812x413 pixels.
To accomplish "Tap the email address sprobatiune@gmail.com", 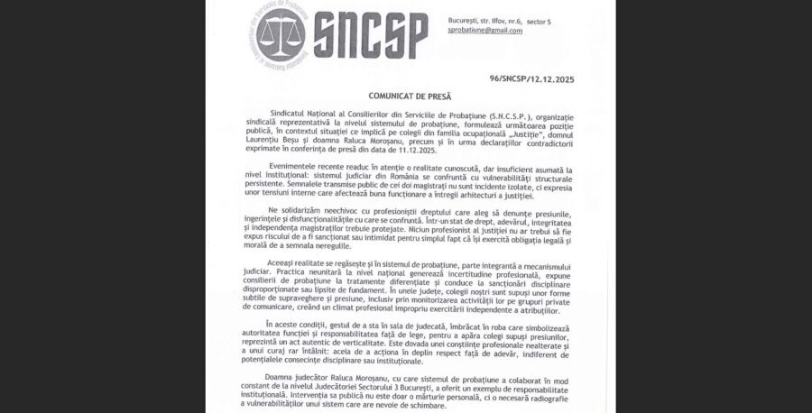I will pyautogui.click(x=484, y=30).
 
